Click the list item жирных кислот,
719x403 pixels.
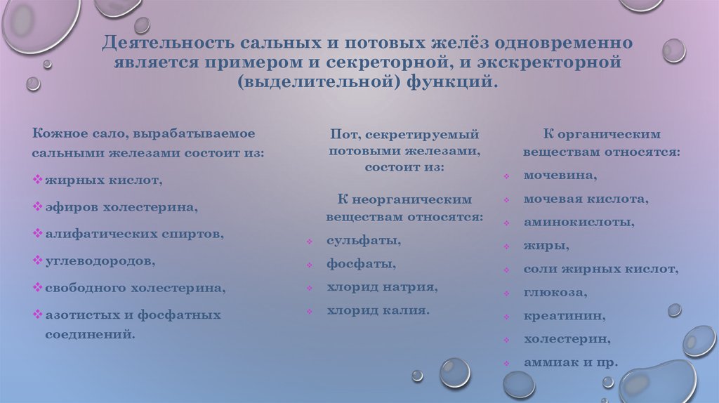tap(104, 180)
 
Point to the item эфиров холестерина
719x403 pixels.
tap(121, 207)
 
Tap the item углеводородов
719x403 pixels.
tap(101, 260)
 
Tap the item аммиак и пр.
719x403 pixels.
tap(570, 362)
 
